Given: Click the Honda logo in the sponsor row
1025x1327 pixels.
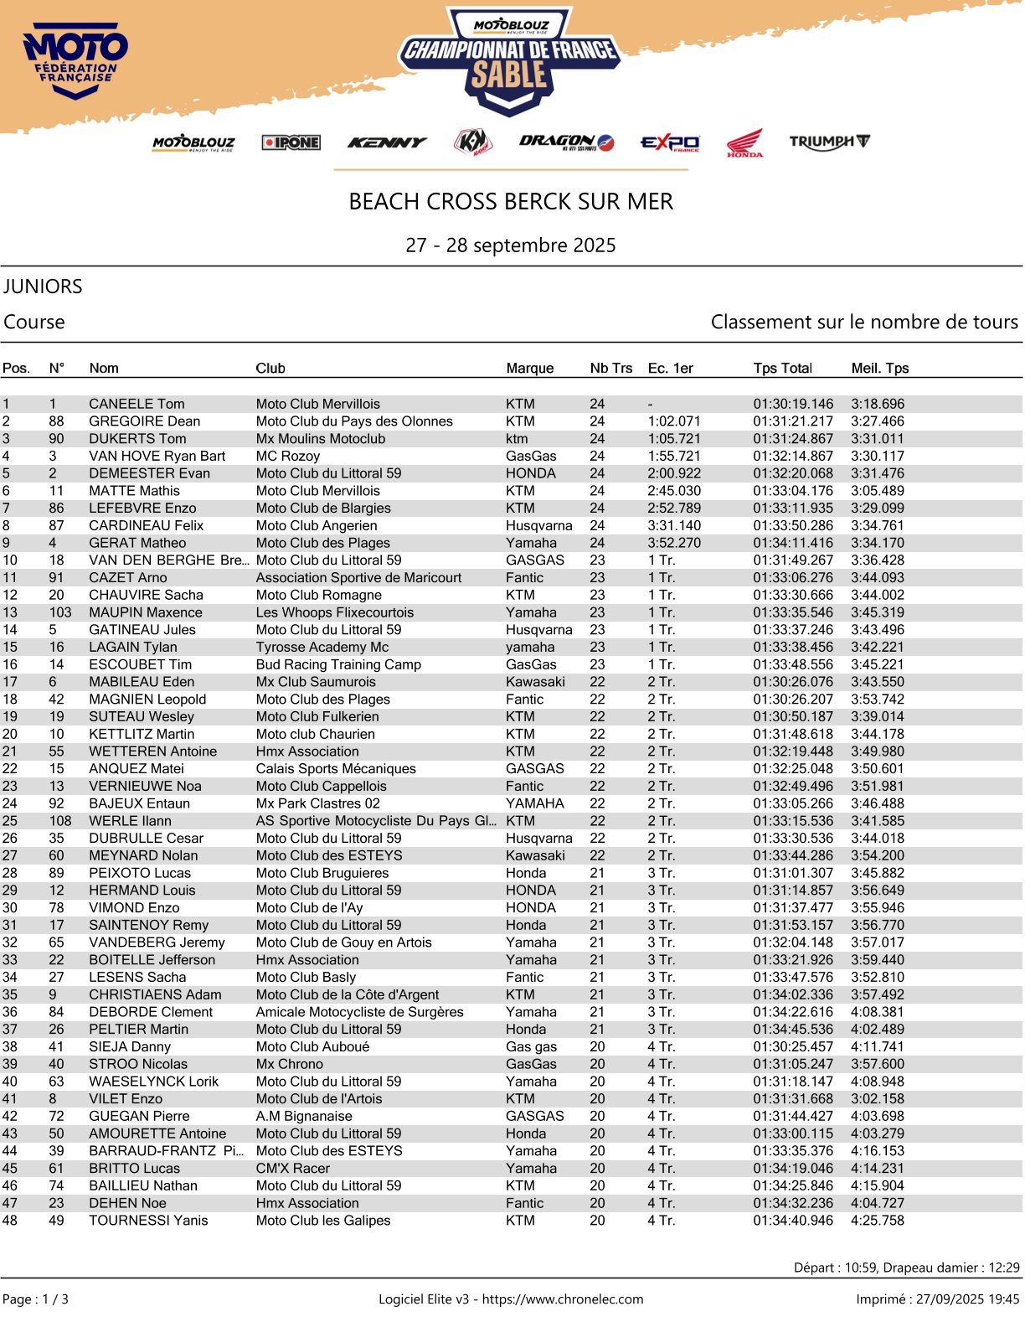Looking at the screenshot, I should (744, 142).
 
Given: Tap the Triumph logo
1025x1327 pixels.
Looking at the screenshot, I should (829, 142).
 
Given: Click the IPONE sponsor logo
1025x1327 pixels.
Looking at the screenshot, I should (291, 142).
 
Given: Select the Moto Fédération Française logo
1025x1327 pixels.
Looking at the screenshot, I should (75, 63).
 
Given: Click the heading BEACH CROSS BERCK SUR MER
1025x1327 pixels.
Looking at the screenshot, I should (511, 202).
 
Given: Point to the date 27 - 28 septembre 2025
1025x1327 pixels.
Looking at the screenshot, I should (511, 245).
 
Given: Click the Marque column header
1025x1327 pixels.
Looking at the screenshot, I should (529, 368).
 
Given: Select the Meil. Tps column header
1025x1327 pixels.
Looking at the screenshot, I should (879, 368).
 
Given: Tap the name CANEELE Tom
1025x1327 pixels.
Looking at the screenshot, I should (136, 404).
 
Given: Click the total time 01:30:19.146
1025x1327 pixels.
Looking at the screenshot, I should (793, 404).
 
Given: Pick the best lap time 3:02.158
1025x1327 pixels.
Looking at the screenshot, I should (878, 1098).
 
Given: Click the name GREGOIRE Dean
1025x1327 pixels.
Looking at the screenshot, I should (144, 421).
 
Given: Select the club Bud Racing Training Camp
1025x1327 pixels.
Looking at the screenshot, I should (338, 664).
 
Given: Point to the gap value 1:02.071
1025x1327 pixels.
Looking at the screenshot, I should (674, 421).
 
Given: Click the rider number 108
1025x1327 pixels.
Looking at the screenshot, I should (60, 821).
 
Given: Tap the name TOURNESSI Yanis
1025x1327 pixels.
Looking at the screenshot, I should (148, 1221).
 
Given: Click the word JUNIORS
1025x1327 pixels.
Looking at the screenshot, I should (43, 287).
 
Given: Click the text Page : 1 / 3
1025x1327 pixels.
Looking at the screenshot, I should (35, 1299).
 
